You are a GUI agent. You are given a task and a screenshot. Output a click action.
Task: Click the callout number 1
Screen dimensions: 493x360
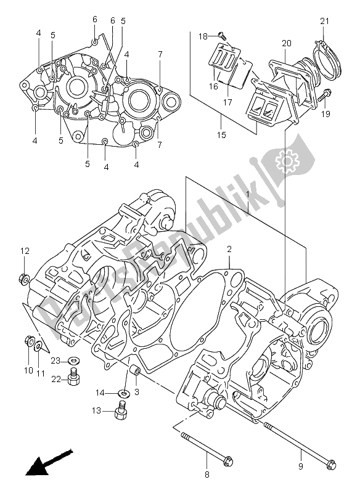(248, 195)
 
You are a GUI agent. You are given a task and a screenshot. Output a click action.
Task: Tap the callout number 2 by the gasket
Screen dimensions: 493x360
(228, 250)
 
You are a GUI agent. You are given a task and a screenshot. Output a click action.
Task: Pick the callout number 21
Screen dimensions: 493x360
(325, 22)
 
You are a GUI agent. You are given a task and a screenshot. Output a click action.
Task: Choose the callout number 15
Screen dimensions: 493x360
(221, 134)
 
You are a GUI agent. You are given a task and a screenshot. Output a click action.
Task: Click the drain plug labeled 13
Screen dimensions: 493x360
(121, 412)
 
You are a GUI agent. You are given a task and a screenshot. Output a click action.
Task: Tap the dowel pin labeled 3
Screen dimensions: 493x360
(135, 373)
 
